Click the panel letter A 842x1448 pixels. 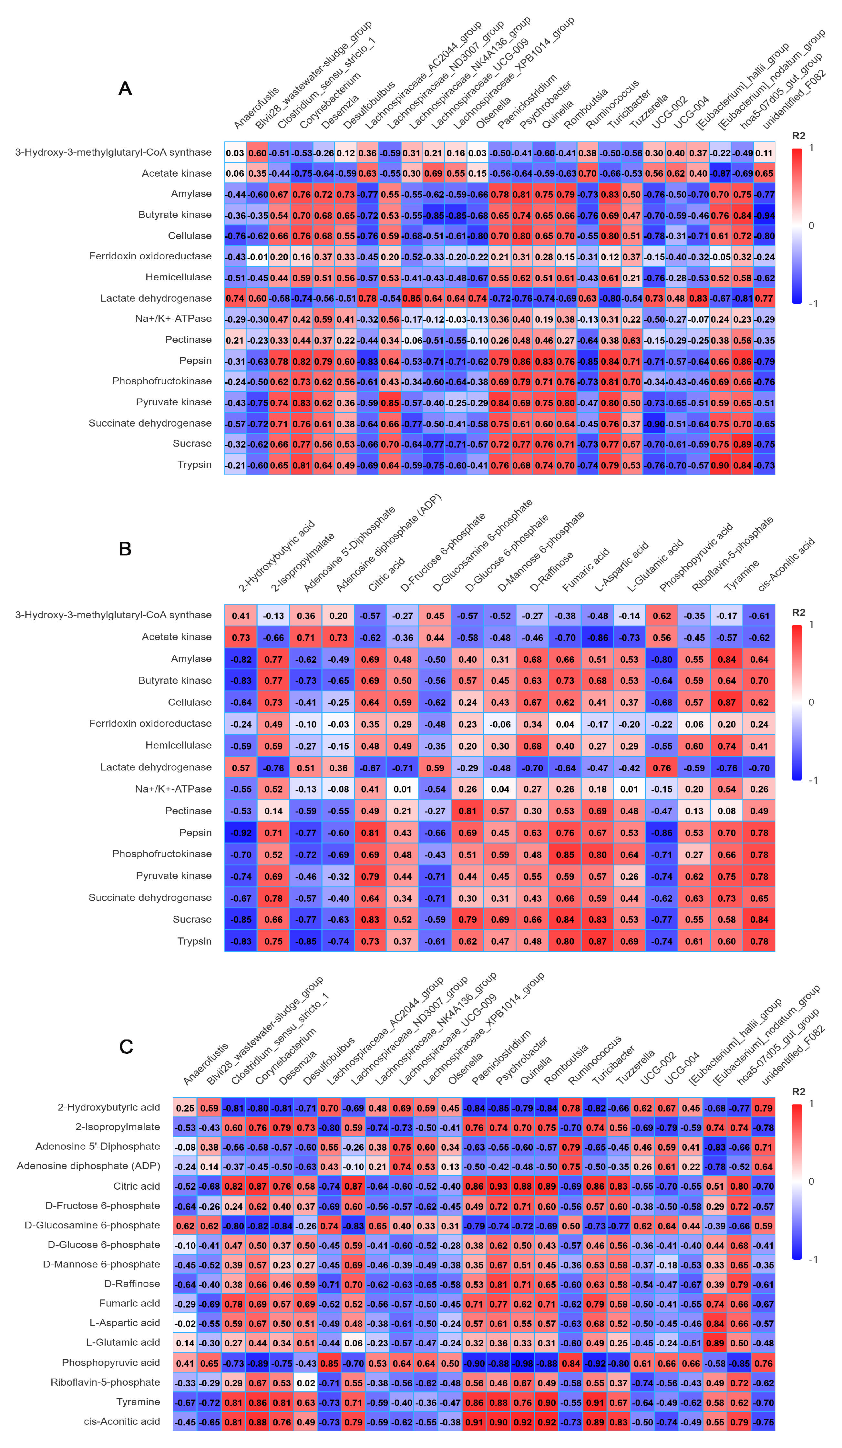(125, 89)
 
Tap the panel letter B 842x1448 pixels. (125, 549)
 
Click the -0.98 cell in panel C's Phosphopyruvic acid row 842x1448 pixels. (522, 1363)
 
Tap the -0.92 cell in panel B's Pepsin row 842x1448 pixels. (241, 833)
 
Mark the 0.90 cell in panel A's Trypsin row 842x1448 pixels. (720, 465)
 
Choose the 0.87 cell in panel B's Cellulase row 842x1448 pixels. (726, 702)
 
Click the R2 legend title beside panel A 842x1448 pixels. (798, 136)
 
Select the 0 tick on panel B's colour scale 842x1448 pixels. (811, 702)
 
